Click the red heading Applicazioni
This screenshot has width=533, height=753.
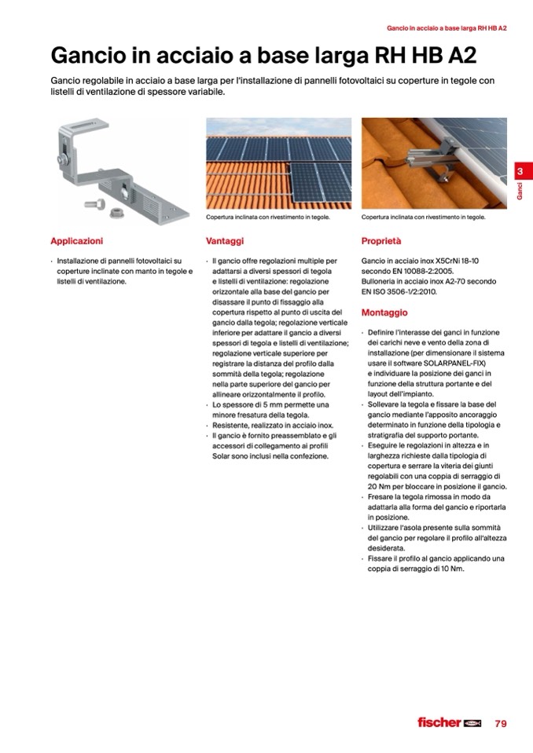click(x=76, y=241)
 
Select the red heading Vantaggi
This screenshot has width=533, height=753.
click(x=225, y=241)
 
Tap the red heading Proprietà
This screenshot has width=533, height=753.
click(x=381, y=241)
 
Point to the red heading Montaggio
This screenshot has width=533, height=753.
click(x=384, y=313)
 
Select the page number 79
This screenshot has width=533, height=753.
click(x=500, y=723)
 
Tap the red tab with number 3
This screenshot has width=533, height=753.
click(x=520, y=172)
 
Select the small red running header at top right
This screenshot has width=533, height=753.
click(x=447, y=28)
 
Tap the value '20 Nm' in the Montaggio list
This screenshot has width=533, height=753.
click(x=380, y=486)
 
